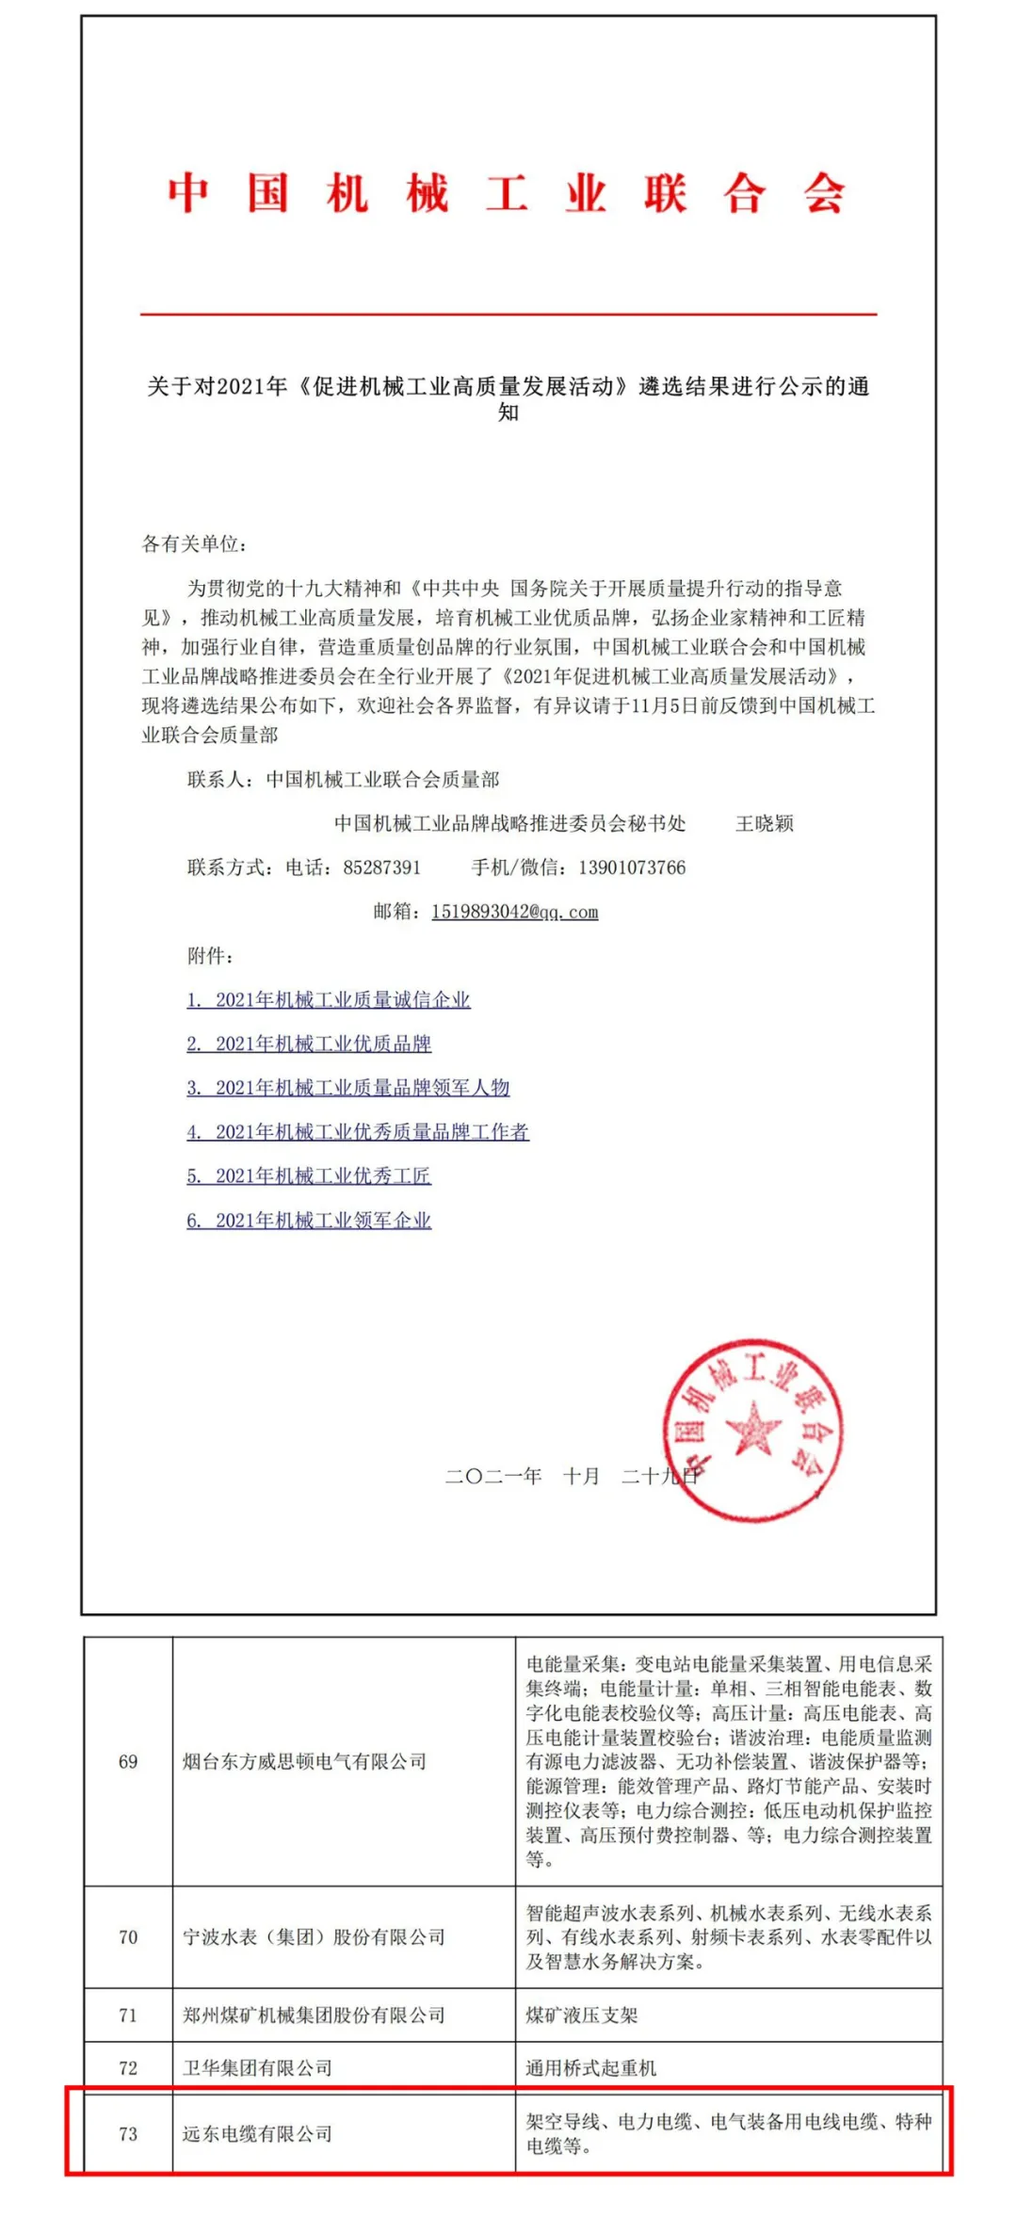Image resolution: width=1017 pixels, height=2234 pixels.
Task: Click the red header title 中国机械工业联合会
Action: coord(507,194)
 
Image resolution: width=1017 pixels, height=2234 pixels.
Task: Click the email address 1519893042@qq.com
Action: coord(514,912)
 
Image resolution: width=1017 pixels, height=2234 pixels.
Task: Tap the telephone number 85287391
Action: coord(381,867)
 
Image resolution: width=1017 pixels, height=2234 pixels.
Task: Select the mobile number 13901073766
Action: coord(632,867)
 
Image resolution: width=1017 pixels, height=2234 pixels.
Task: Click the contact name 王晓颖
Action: coord(764,823)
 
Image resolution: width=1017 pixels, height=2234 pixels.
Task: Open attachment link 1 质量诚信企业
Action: coord(328,999)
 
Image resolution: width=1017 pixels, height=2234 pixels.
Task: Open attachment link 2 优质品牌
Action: coord(309,1044)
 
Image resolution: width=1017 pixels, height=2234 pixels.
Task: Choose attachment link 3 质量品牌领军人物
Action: coord(347,1088)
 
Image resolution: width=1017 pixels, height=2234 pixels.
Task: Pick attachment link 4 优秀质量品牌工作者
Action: coord(358,1131)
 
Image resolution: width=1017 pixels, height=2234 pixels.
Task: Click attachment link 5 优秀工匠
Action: coord(309,1175)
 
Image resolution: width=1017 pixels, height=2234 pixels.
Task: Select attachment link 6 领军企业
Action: coord(309,1220)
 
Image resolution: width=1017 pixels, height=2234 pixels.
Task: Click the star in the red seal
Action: coord(752,1429)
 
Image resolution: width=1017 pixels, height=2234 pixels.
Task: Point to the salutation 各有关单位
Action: coord(194,543)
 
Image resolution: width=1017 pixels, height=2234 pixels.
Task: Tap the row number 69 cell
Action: coord(128,1761)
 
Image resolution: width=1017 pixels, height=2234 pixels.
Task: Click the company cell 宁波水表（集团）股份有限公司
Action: coord(314,1937)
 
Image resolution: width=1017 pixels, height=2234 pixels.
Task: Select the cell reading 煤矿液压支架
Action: coord(581,2015)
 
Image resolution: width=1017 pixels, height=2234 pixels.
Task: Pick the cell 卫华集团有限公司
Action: coord(257,2068)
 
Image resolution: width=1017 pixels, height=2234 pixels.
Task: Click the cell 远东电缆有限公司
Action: coord(257,2133)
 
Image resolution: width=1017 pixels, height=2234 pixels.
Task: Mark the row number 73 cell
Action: coord(128,2133)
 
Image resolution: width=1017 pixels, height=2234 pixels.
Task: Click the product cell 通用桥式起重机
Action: coord(590,2068)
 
